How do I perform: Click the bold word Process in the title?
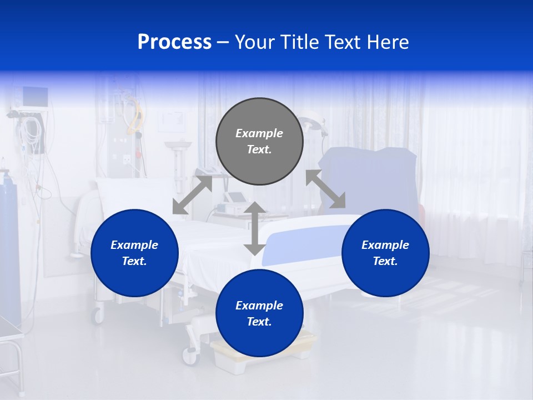coord(174,42)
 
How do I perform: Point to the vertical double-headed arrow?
coord(255,228)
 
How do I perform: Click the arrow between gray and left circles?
coord(192,194)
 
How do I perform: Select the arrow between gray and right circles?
coord(325,189)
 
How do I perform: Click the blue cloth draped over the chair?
coord(369,178)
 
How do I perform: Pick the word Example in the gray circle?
coord(259,133)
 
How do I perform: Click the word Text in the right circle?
coord(385,261)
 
